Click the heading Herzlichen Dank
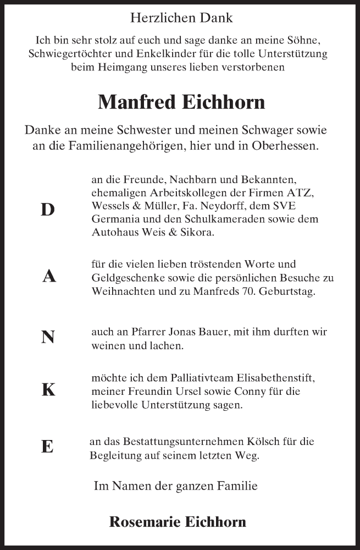[181, 18]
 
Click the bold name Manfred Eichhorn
[181, 102]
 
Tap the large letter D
[48, 210]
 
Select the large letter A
[49, 277]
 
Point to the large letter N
[48, 337]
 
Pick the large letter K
[48, 390]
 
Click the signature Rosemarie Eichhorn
[178, 522]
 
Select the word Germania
[114, 219]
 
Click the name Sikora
[195, 233]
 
